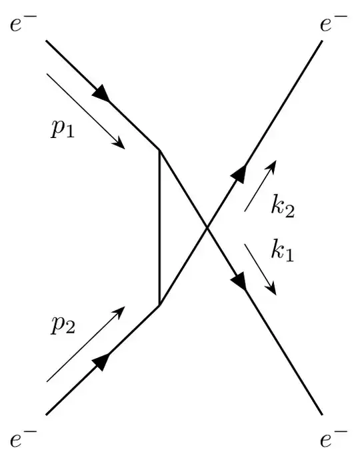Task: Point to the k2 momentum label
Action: tap(282, 207)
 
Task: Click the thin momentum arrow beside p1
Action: tap(86, 111)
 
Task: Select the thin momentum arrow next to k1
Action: tap(261, 269)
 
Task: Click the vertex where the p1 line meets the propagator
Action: tap(159, 149)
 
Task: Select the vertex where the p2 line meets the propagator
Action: tap(159, 304)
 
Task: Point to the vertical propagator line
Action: tap(159, 227)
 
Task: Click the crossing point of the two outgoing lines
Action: tap(206, 227)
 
